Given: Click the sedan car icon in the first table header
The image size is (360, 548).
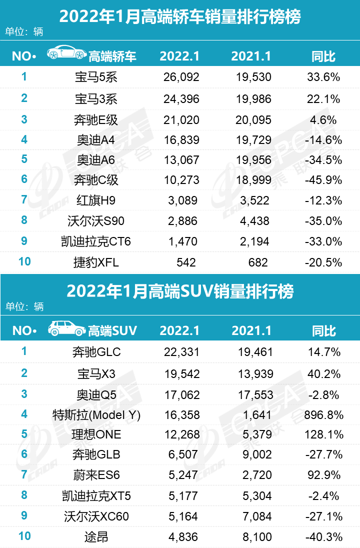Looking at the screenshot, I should (66, 54).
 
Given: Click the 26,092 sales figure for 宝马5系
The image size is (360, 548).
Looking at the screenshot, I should (181, 77).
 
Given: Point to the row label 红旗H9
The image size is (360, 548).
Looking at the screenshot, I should (95, 201).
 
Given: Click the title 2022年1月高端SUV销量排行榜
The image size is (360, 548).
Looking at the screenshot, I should (180, 291).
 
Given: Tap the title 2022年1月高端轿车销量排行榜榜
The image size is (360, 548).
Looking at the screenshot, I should (180, 17).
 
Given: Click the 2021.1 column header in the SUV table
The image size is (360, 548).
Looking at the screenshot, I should (252, 331).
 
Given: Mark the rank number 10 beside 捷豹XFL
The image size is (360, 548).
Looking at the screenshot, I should (24, 261).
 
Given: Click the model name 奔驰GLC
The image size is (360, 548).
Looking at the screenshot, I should (95, 352).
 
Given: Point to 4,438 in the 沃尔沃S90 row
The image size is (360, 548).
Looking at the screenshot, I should (252, 221).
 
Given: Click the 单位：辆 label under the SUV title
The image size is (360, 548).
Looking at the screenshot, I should (24, 306).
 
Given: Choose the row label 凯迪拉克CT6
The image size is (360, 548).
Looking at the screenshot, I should (95, 242).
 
